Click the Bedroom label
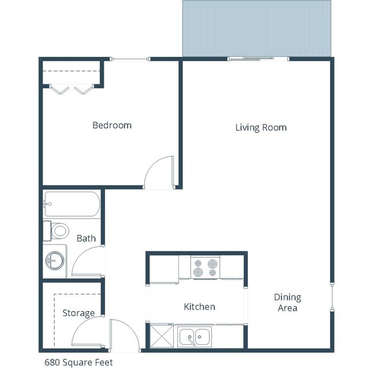coord(112,125)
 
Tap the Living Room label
coord(261,127)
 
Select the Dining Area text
coord(287,302)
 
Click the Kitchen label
coord(199,306)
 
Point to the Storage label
coord(79,313)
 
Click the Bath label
coord(86,238)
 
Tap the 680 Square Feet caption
coord(79,362)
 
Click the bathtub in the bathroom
coord(72,204)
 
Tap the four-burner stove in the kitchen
coord(205,267)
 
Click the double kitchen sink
coord(195,337)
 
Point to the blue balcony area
coord(257,28)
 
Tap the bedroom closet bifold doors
coord(72,89)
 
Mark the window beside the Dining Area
coord(332,296)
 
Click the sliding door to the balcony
coord(258,58)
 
